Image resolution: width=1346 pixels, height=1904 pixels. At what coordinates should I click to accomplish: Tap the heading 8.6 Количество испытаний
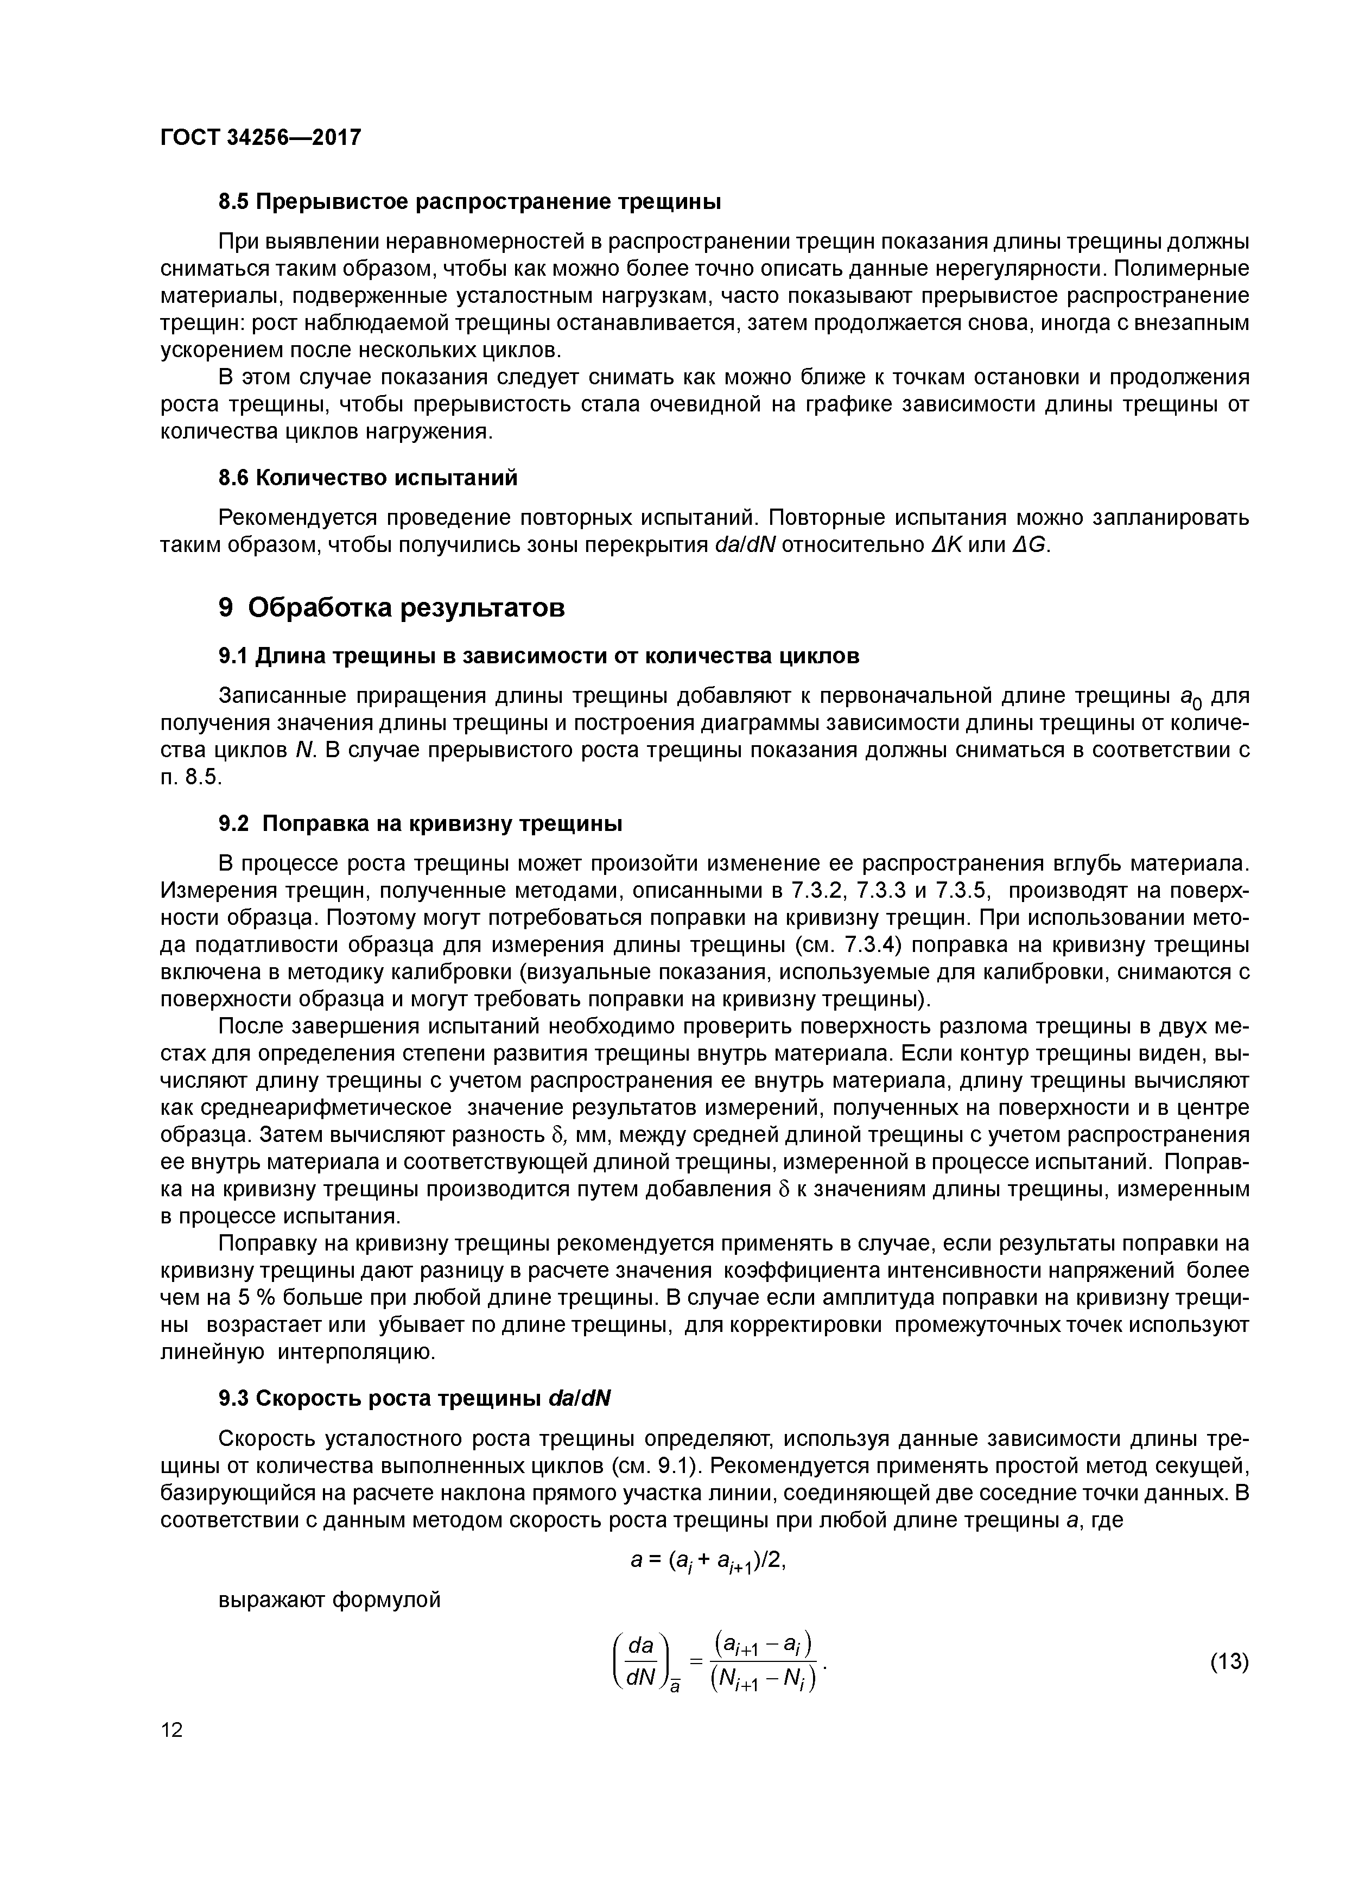coord(367,478)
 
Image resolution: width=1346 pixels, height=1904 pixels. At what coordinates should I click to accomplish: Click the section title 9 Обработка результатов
coord(391,608)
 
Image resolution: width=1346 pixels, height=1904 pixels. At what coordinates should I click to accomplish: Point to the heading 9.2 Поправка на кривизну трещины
coord(420,823)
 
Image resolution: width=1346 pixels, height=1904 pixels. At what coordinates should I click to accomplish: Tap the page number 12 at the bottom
coord(172,1730)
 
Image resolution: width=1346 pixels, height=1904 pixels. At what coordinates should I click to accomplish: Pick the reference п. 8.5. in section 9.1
coord(192,777)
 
